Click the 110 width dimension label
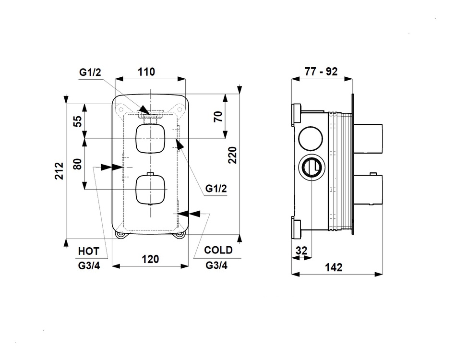[146, 72]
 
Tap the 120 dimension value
[150, 259]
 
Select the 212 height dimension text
[59, 171]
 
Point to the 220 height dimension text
[232, 155]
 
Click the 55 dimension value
[78, 121]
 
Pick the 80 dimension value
[78, 164]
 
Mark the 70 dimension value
[218, 116]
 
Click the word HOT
[88, 251]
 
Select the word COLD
[218, 250]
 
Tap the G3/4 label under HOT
[89, 266]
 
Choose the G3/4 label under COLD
[216, 265]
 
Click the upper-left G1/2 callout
[90, 72]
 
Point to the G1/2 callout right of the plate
[216, 189]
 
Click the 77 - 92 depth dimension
[321, 72]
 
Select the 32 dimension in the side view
[301, 251]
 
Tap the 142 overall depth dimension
[334, 267]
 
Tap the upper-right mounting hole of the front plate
[180, 109]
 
